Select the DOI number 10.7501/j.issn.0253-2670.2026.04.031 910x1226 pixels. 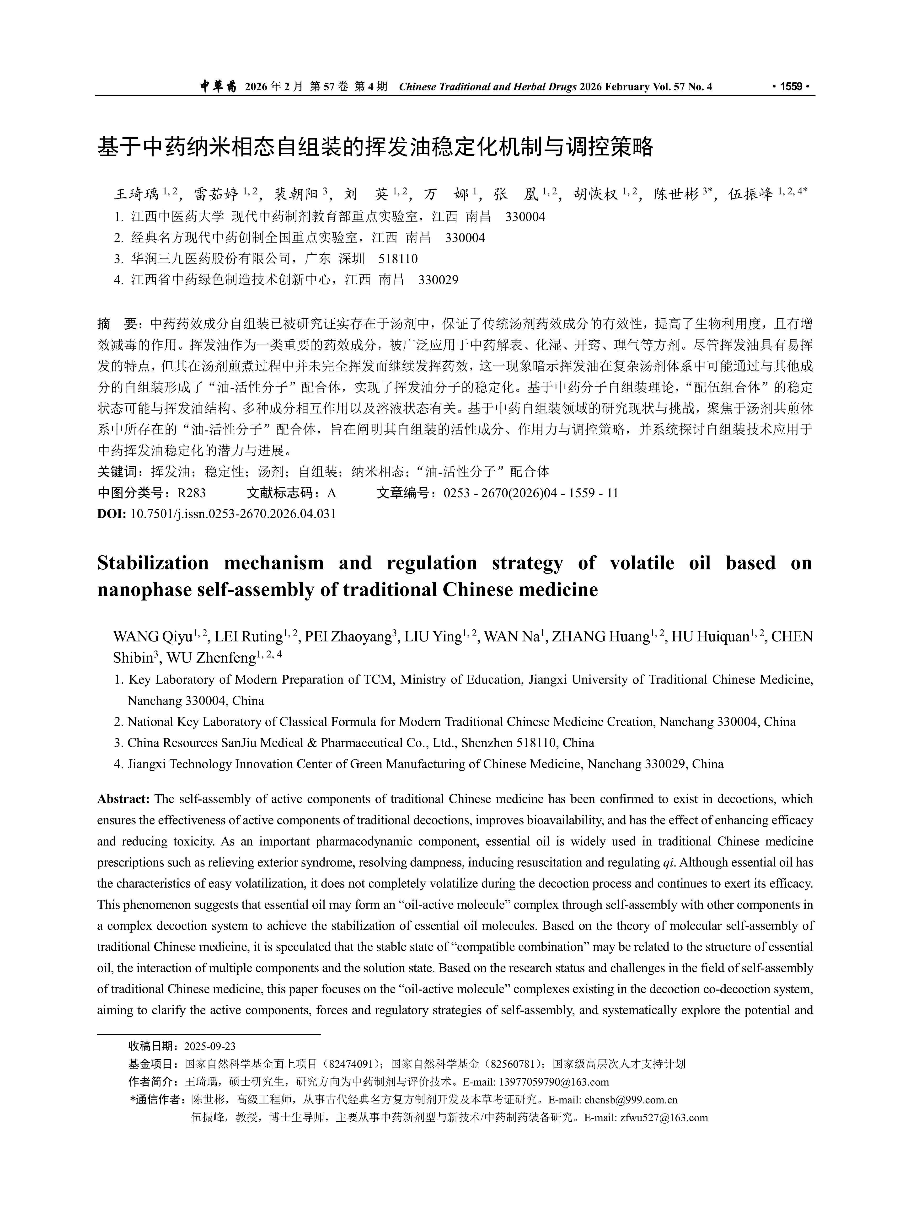pos(233,514)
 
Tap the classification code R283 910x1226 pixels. pos(191,493)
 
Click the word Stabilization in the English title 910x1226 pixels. pos(153,563)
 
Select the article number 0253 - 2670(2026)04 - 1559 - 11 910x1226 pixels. pos(531,493)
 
